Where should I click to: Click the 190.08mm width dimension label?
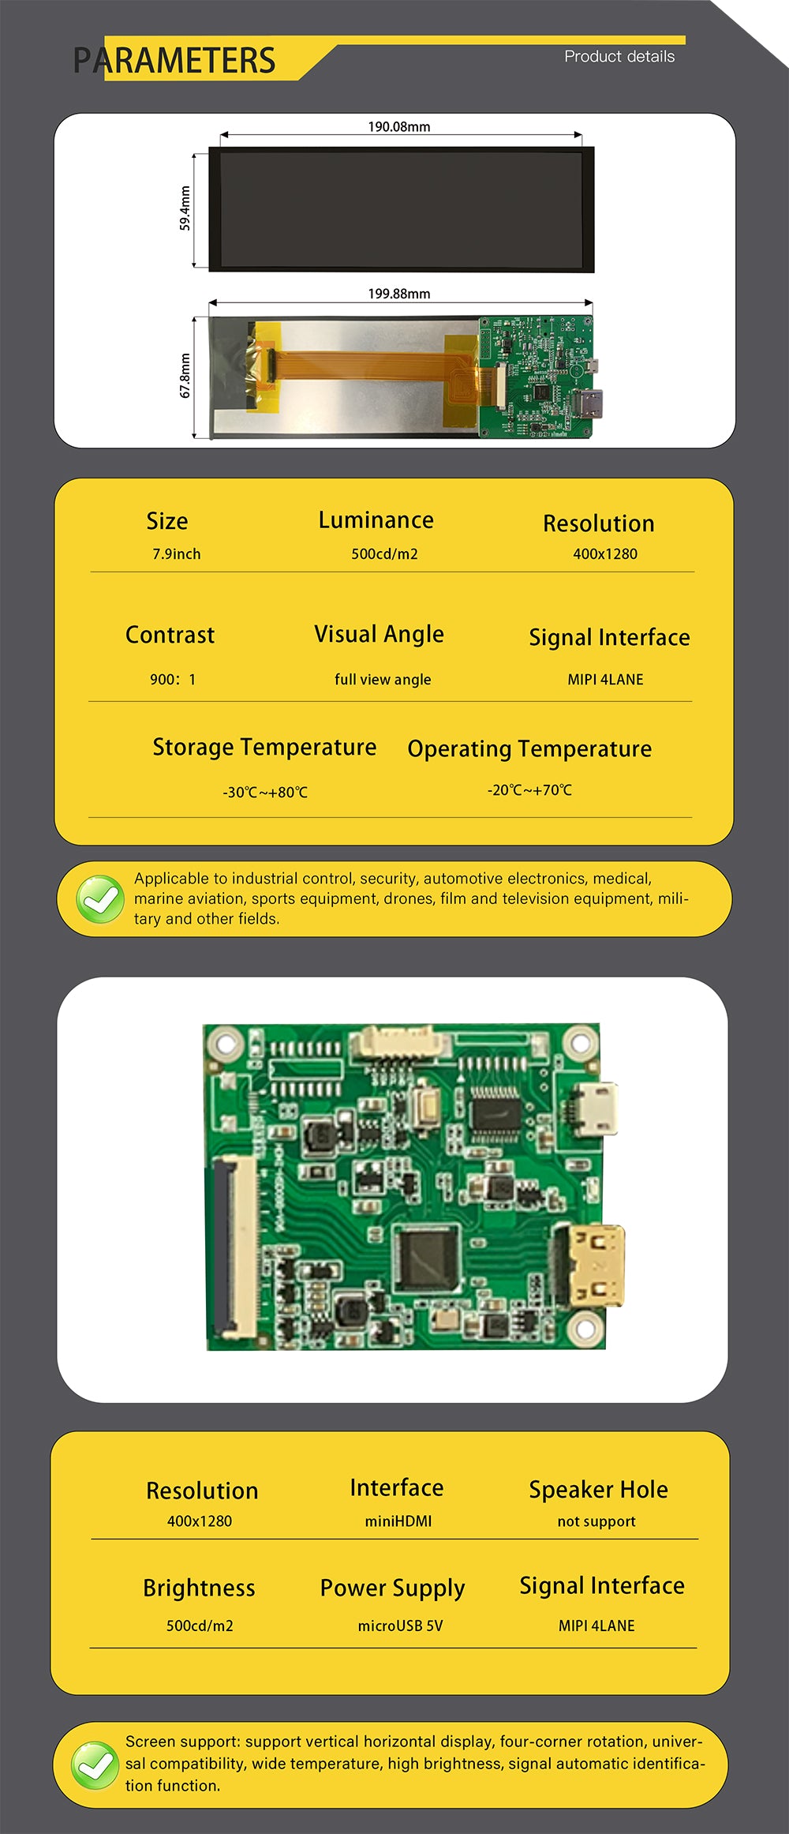click(399, 126)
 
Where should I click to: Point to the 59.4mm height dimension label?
click(185, 208)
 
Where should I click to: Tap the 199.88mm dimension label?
click(399, 294)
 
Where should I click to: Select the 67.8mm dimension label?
click(185, 376)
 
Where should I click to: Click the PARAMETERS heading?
click(174, 61)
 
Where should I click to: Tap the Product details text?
click(619, 57)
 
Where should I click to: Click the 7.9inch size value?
click(177, 554)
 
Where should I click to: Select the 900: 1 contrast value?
click(173, 679)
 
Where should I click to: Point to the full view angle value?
click(383, 680)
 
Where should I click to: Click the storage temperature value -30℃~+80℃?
click(265, 792)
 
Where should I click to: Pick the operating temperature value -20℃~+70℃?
click(529, 789)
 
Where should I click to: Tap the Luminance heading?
click(376, 520)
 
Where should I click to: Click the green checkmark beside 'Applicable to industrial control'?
click(100, 899)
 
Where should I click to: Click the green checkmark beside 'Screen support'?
click(95, 1765)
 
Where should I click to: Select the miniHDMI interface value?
click(398, 1521)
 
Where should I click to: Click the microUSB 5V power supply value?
click(400, 1626)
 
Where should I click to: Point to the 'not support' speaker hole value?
click(596, 1521)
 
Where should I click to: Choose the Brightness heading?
click(199, 1588)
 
